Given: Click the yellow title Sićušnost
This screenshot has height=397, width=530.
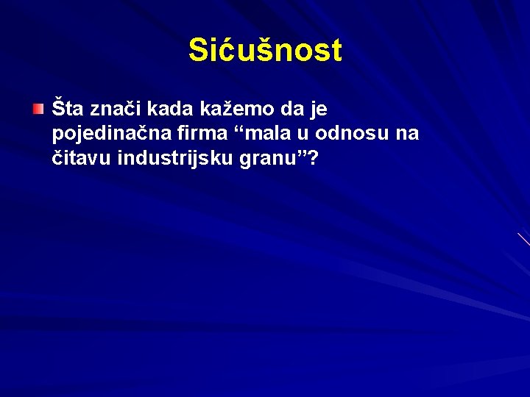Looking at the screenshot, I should point(265,51).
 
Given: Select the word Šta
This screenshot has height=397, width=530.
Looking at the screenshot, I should point(68,110).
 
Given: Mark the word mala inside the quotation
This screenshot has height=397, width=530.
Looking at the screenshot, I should point(247,134).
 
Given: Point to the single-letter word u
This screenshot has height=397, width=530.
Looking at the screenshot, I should point(282,135).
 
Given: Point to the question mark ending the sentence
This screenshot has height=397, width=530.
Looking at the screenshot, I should point(315,157).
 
